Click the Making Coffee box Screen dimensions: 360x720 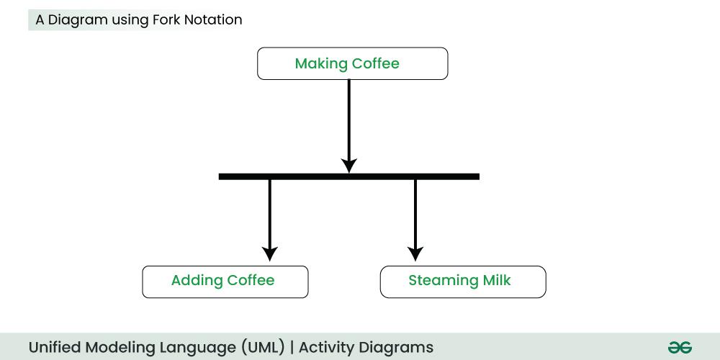coord(352,63)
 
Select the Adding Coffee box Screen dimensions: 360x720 coord(225,282)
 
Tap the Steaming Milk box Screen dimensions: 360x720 coord(462,282)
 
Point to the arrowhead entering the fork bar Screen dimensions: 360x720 coord(348,166)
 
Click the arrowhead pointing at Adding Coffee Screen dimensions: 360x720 coord(269,253)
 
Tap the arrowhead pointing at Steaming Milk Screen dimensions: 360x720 coord(415,253)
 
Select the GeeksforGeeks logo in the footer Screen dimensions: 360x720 coord(680,347)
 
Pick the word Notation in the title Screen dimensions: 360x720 coord(214,20)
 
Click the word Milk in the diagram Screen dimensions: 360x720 coord(496,280)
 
